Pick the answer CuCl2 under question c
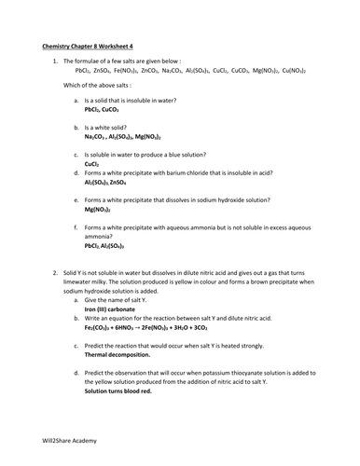(x=91, y=164)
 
